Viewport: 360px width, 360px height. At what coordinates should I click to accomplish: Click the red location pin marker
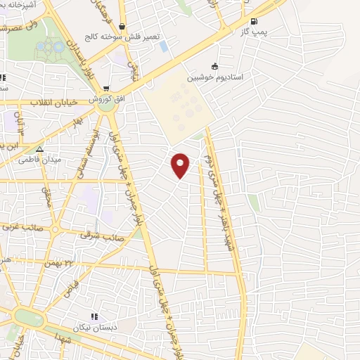point(181,165)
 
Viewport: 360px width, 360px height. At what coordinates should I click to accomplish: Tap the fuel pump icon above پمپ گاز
point(254,22)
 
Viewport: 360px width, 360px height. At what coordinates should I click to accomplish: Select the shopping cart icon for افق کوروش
point(106,89)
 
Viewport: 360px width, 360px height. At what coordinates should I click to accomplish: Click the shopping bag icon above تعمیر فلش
point(122,27)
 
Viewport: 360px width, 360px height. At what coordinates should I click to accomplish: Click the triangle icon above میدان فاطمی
point(39,149)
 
